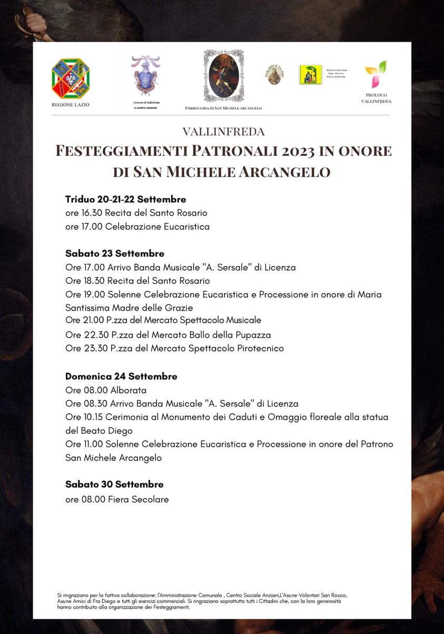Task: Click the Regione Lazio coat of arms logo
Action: tap(71, 78)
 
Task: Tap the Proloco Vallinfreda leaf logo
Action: tap(376, 74)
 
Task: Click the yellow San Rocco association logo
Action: tap(310, 75)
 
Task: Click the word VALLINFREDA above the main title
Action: tap(224, 132)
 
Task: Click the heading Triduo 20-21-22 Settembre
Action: tap(125, 200)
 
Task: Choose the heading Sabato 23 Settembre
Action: tap(115, 254)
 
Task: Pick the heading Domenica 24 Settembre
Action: tap(121, 377)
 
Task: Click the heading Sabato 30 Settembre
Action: tap(114, 484)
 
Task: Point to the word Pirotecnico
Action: tap(259, 349)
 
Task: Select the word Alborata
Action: tap(128, 391)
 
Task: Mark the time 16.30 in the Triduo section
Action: tap(92, 213)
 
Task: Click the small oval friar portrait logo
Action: tap(274, 75)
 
